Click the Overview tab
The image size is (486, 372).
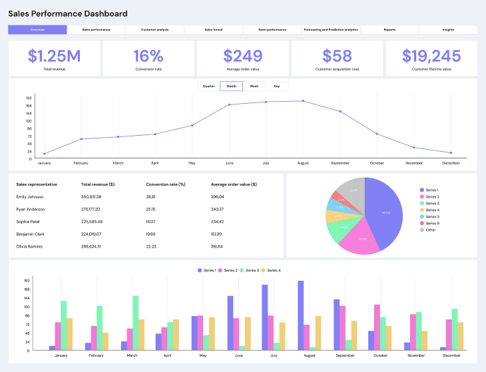[x=37, y=30]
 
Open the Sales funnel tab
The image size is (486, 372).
[x=213, y=30]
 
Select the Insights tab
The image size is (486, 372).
[x=448, y=30]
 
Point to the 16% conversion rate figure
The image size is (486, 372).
[x=148, y=56]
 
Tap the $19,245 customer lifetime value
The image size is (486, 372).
[x=431, y=56]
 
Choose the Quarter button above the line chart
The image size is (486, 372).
[x=208, y=86]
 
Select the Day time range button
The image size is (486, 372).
[x=276, y=86]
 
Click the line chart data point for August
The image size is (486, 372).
[x=303, y=101]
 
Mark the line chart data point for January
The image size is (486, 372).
[x=45, y=154]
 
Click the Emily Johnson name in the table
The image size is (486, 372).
[x=31, y=197]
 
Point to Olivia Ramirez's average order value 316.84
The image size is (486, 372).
[x=217, y=246]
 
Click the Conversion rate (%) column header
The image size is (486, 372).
[x=165, y=184]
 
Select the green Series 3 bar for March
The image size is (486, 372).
[x=136, y=323]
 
